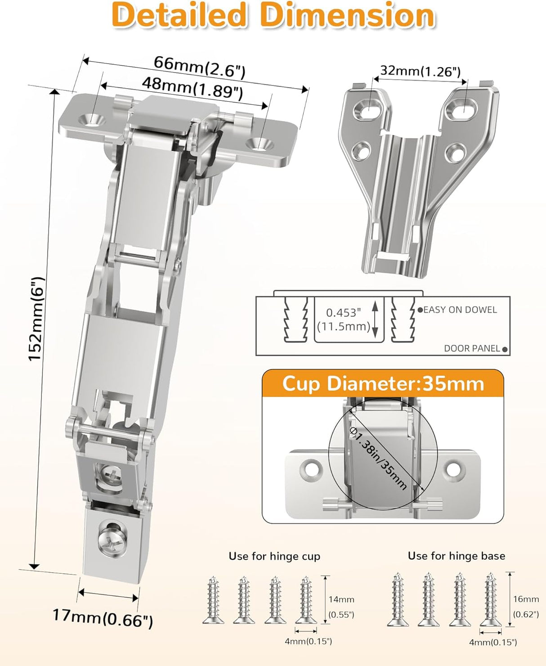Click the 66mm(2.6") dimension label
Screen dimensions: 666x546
199,66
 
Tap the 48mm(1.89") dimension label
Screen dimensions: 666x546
192,87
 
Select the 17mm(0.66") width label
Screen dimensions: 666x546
103,617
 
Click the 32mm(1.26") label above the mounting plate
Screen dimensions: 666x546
420,71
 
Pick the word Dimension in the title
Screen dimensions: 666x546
347,15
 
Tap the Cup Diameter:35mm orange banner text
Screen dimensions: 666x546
383,384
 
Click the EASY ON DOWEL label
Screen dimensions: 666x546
460,310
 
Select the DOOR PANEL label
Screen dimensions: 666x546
472,348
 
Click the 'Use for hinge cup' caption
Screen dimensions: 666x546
274,556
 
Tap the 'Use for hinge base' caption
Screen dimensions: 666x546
456,556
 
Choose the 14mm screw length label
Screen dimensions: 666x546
341,599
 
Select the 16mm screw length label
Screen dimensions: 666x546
526,599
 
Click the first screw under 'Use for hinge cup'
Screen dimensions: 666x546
213,601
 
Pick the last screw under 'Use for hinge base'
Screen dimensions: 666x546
490,601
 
